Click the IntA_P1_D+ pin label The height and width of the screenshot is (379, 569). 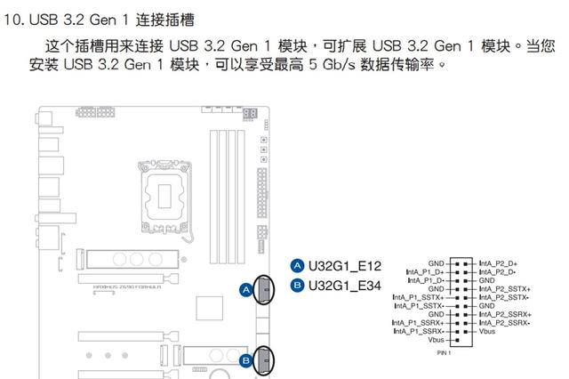[x=423, y=272]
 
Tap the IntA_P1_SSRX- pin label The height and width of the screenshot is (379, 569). [x=421, y=331]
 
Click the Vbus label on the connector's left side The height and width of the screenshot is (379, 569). [x=435, y=340]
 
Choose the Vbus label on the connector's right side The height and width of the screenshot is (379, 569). [x=488, y=331]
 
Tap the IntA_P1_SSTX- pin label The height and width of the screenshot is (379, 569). [x=421, y=306]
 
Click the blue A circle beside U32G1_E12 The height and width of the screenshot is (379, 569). [x=298, y=266]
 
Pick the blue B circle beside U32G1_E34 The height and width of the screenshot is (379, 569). [x=298, y=285]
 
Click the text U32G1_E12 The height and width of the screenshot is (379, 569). [x=345, y=266]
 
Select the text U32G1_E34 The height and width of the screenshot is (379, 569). [x=345, y=285]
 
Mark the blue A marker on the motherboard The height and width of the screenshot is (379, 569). [x=245, y=289]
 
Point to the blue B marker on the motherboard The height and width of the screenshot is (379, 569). [x=245, y=359]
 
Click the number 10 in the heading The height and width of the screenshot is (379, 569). [x=13, y=19]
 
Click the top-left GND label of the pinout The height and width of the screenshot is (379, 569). [x=436, y=264]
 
